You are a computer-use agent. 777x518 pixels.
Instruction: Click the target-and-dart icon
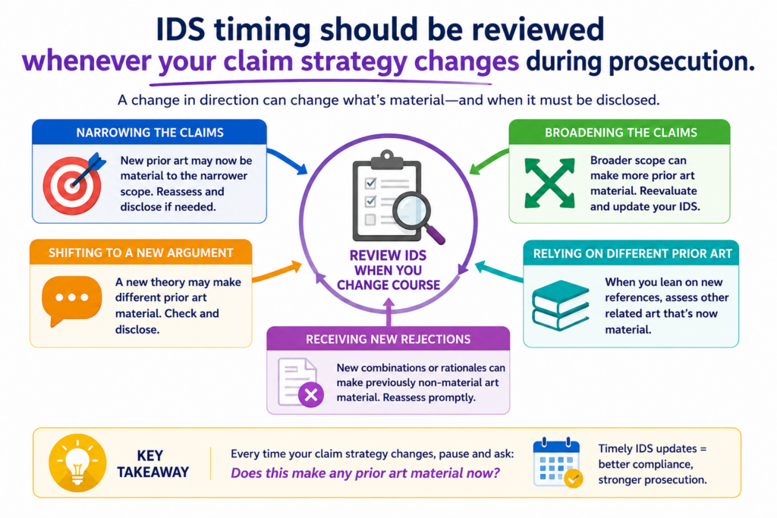[74, 184]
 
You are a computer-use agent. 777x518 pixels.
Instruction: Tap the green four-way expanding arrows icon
[549, 183]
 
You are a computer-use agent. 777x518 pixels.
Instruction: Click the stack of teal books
[561, 305]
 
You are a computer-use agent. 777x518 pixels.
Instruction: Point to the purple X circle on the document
[311, 394]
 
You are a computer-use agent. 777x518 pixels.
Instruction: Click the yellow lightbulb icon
[77, 463]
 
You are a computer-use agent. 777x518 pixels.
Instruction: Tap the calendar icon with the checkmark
[558, 463]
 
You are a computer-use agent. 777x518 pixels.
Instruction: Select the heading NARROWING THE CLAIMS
[149, 133]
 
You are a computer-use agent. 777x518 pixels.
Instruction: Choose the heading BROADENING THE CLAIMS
[621, 133]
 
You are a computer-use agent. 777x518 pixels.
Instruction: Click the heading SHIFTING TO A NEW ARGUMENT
[140, 253]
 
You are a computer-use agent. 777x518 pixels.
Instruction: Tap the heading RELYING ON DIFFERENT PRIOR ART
[632, 253]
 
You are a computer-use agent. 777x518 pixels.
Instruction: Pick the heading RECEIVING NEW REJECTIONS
[388, 339]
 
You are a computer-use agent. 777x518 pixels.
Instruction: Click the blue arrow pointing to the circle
[288, 162]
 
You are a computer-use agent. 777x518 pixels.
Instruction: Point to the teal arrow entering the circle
[499, 272]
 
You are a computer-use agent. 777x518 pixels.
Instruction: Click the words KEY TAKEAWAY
[153, 463]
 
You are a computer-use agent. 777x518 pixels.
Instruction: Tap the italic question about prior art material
[365, 473]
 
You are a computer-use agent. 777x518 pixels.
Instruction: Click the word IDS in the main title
[180, 30]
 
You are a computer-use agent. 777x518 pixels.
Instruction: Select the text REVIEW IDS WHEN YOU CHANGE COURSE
[388, 270]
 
